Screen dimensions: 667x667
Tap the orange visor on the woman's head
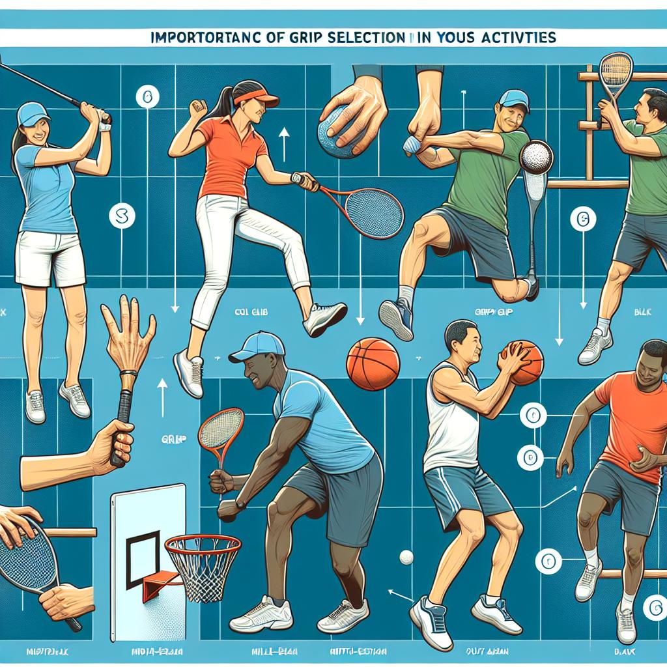(x=258, y=99)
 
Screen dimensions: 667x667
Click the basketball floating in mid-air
(x=373, y=363)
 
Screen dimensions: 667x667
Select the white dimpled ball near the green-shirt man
(x=536, y=156)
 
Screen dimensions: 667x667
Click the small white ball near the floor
(x=406, y=557)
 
